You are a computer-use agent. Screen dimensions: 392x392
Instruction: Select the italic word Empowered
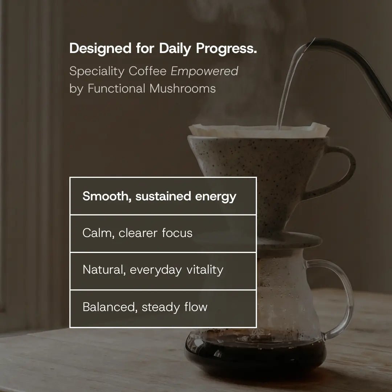tap(205, 71)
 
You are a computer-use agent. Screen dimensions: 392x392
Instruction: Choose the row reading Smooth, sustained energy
tap(163, 196)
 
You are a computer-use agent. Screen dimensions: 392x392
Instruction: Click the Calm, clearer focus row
tap(163, 233)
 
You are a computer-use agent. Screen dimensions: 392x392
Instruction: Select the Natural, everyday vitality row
tap(163, 270)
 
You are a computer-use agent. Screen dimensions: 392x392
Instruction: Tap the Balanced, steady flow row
tap(163, 307)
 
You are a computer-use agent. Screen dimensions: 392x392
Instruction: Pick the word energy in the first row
tap(216, 197)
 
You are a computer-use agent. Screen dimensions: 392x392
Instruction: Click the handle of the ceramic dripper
tap(343, 171)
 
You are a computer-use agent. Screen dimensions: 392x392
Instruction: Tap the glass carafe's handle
tap(343, 298)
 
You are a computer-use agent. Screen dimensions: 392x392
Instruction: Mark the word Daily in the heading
tap(175, 49)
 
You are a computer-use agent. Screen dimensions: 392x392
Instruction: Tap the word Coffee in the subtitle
tap(148, 71)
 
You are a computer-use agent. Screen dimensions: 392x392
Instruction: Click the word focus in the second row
tap(177, 233)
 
